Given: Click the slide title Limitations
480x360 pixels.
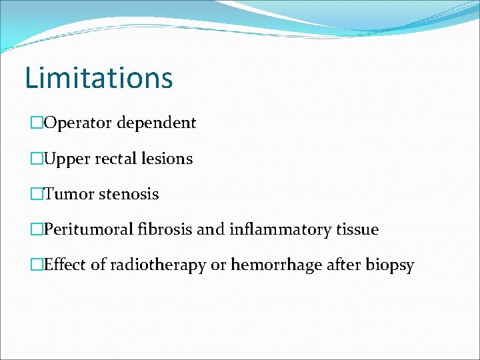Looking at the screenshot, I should coord(99,77).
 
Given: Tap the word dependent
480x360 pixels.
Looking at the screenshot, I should coord(157,123).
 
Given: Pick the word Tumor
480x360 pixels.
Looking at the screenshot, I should coord(69,195).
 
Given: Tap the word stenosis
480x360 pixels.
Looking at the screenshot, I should coord(129,195).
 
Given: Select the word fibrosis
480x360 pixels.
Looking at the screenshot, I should coord(165,230).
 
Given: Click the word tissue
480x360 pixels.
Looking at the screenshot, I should coord(357,230).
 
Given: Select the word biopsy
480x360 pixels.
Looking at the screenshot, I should coord(390,266).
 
